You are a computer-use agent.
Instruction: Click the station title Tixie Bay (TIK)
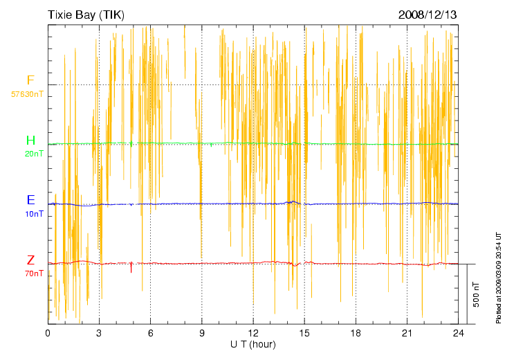coord(86,15)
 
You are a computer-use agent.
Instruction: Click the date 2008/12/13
coord(427,15)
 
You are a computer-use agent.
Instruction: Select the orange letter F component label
coord(30,80)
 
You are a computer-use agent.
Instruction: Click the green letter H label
coord(30,141)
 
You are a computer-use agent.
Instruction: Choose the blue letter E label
coord(30,200)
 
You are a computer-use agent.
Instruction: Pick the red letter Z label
coord(30,260)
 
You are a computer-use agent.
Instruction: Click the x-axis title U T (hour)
coord(253,344)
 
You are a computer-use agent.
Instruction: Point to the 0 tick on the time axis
coord(48,333)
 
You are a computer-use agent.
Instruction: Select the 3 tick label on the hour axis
coord(99,333)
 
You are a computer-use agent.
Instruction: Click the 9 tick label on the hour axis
coord(202,333)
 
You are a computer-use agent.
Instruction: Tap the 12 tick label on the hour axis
coord(253,333)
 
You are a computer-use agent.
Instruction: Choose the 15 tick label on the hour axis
coord(304,333)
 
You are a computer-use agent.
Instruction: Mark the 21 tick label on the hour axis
coord(407,333)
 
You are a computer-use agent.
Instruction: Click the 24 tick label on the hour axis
coord(458,333)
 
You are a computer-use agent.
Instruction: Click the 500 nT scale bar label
coord(476,294)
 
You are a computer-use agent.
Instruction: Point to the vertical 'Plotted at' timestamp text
coord(498,276)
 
